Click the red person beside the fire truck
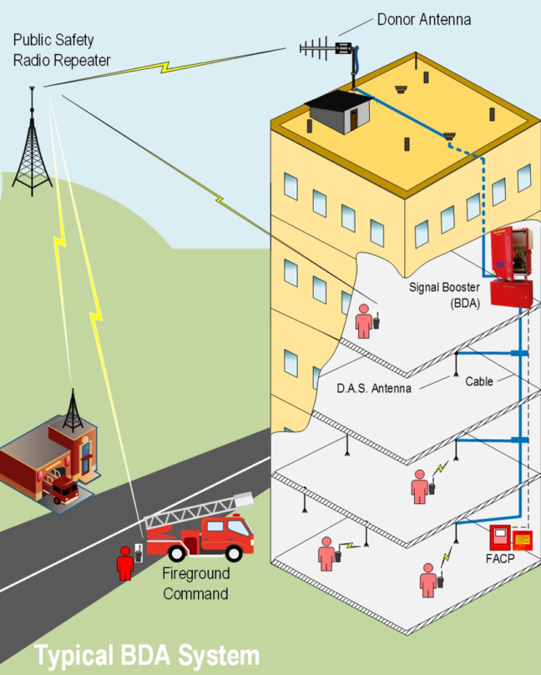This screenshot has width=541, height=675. [125, 563]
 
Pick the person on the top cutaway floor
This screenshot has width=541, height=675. [364, 320]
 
